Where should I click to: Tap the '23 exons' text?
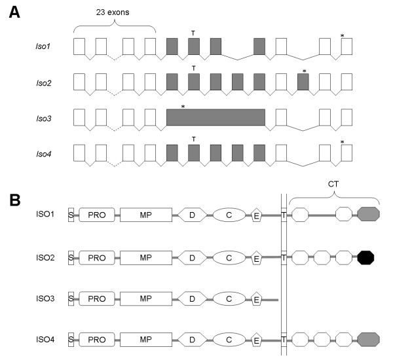pyautogui.click(x=115, y=13)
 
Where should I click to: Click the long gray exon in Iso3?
pyautogui.click(x=215, y=117)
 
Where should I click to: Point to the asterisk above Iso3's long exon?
pyautogui.click(x=183, y=105)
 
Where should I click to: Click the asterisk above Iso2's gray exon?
pyautogui.click(x=303, y=69)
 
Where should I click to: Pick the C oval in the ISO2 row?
pyautogui.click(x=229, y=257)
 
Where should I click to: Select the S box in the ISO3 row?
pyautogui.click(x=71, y=299)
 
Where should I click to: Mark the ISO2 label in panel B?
pyautogui.click(x=46, y=257)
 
